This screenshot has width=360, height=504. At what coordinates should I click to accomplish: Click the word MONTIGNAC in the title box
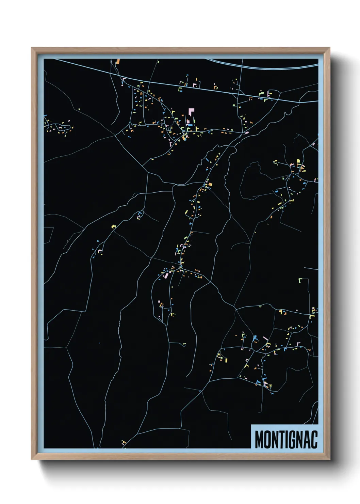click(286, 439)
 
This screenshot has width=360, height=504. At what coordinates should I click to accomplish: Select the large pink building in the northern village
click(191, 112)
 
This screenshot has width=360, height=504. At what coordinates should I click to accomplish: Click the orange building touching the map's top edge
click(118, 62)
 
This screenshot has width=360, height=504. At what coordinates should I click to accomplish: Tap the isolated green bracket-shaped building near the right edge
click(300, 280)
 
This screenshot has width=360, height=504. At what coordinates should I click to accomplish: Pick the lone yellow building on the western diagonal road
click(114, 226)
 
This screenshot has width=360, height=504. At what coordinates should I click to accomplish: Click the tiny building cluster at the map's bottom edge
click(124, 443)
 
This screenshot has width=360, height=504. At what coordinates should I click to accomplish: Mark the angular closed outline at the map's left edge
click(48, 235)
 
